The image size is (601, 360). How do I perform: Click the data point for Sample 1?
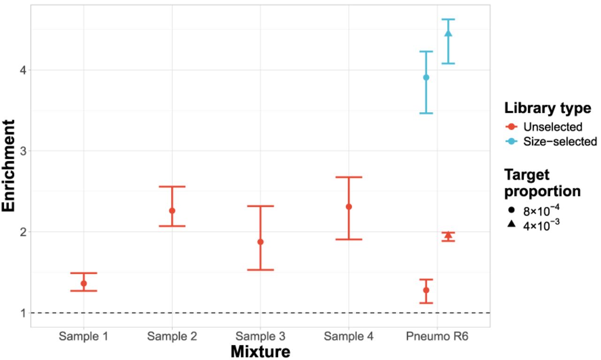(x=84, y=283)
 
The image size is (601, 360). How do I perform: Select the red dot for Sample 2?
(x=172, y=211)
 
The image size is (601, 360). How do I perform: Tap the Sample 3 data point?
(x=261, y=242)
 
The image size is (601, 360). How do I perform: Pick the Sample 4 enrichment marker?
(x=349, y=207)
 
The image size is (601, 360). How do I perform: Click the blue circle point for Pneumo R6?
(x=426, y=77)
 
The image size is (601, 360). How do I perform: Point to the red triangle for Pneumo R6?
(x=448, y=235)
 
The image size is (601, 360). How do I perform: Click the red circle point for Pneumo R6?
(x=426, y=290)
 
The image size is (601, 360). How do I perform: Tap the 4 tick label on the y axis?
(x=22, y=70)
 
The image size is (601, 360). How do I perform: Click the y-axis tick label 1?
(x=22, y=313)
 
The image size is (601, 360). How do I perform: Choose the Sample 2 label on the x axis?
(x=172, y=336)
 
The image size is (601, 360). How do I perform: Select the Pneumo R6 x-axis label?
(x=437, y=336)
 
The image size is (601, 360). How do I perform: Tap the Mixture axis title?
(x=260, y=351)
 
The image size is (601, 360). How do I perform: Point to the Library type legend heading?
(x=547, y=108)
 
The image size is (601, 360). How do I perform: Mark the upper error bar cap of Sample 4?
(x=349, y=177)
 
